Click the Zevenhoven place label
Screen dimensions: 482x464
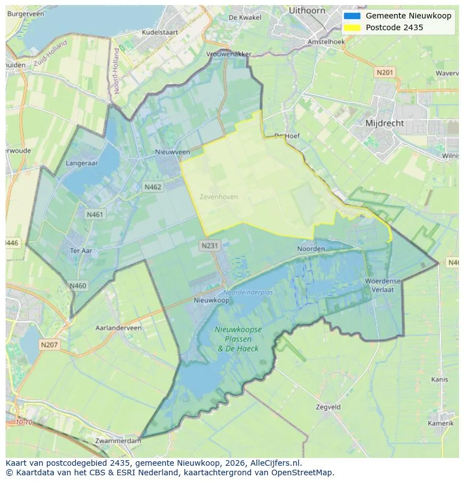219,197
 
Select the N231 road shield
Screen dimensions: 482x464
210,245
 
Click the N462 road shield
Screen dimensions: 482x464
152,187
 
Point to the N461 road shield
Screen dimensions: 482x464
95,214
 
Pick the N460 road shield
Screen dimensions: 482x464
78,286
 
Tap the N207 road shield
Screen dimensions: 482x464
49,345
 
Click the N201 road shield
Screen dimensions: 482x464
385,72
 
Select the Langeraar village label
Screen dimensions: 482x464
82,163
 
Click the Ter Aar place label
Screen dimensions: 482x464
81,251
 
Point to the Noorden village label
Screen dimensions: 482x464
310,249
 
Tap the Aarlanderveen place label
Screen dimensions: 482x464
118,328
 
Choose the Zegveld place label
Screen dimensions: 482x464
328,407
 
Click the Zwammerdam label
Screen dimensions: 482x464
118,441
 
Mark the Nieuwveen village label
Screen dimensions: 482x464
173,152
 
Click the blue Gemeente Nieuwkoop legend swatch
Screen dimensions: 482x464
352,16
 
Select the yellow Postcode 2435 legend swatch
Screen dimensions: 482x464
352,27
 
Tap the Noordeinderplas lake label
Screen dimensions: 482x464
248,293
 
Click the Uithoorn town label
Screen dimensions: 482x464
307,10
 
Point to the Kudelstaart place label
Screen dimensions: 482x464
160,32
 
